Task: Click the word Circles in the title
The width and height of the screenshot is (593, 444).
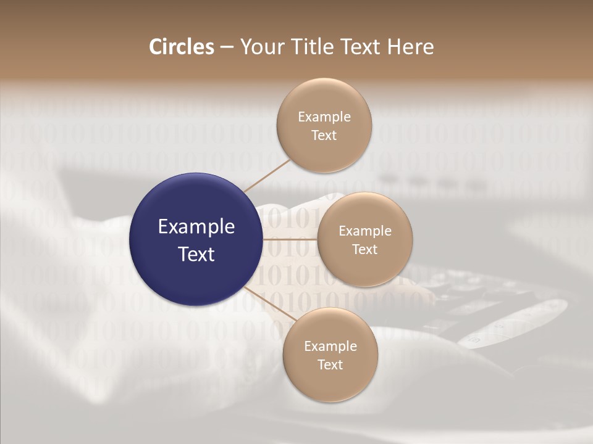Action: point(182,47)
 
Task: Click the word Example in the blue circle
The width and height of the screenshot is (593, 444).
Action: point(196,227)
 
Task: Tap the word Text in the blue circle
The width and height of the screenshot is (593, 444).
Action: point(196,254)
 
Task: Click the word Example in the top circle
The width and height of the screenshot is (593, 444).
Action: point(324,117)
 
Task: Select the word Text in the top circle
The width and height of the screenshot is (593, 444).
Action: point(324,135)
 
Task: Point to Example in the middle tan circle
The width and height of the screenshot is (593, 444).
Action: point(365,231)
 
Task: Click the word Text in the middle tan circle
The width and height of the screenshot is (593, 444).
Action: point(364,249)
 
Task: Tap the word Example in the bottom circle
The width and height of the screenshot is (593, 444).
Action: point(330,347)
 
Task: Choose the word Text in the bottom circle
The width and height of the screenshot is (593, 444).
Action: point(330,364)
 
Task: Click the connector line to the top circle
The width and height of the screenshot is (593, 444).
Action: point(267,175)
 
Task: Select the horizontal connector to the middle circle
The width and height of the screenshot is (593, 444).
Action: point(290,239)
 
